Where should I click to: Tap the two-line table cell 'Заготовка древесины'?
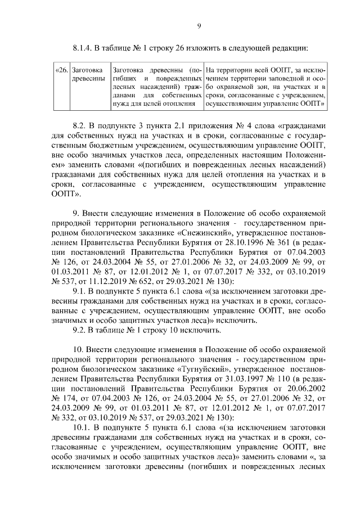[89, 74]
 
